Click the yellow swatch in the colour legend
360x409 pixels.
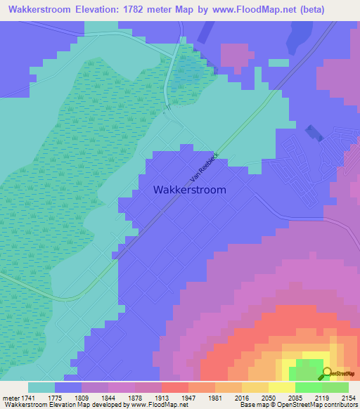[281, 387]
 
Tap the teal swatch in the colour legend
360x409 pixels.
[41, 387]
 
